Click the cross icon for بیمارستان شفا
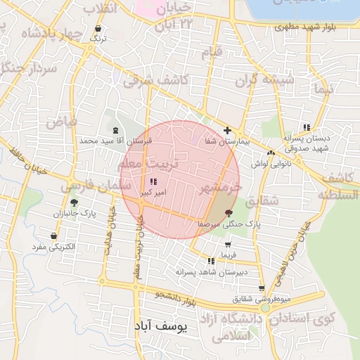coord(227,131)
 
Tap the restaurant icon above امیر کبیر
coord(154,182)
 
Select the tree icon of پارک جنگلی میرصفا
coord(229,212)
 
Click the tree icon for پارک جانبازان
coord(74,202)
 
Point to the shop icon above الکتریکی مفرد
coord(54,236)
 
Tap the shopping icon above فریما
coord(226,244)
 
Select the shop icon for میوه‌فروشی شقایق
coord(262,288)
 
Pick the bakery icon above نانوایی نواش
coord(271,153)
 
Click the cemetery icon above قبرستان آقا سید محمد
coord(115,130)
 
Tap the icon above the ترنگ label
coord(98,29)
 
